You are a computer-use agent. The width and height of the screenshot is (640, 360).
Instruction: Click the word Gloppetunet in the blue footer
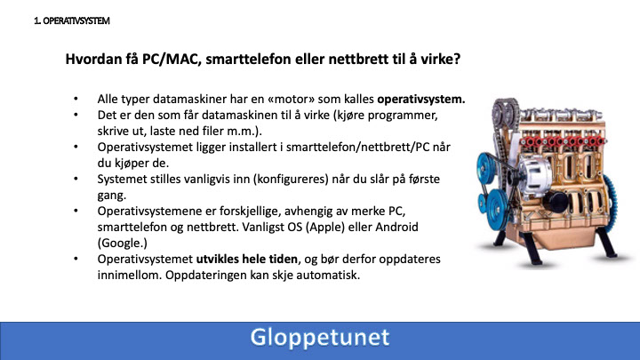point(320,338)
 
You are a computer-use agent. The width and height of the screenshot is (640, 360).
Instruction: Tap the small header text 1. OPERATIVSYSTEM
point(72,20)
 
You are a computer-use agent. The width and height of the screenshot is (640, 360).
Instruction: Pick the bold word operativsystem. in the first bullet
point(421,100)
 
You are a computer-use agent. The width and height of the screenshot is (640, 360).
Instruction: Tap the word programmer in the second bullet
point(403,116)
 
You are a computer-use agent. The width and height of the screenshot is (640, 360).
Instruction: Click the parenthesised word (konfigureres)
point(291,180)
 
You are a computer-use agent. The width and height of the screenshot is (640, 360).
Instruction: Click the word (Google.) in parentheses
point(122,244)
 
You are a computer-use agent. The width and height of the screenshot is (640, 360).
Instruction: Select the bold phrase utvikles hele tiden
point(247,260)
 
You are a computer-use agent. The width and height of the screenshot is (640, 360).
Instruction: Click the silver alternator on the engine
point(535,176)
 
